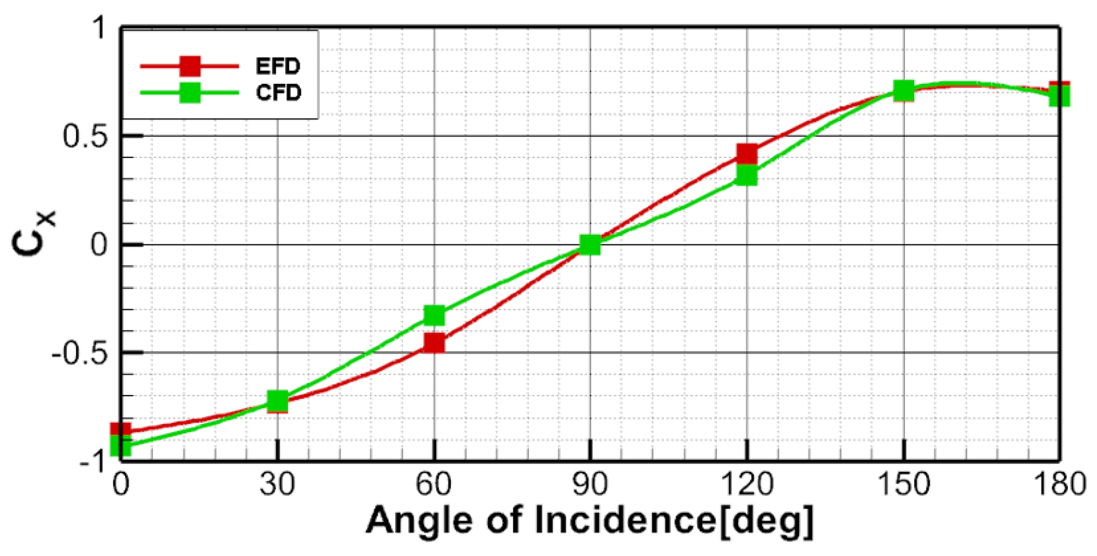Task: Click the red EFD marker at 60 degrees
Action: pyautogui.click(x=434, y=343)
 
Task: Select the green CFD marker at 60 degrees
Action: pyautogui.click(x=434, y=316)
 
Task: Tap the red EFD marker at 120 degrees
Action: pyautogui.click(x=747, y=154)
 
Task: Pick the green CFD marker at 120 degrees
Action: pyautogui.click(x=747, y=176)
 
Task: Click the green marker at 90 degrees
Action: pyautogui.click(x=590, y=245)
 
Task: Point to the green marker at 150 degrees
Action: pyautogui.click(x=904, y=91)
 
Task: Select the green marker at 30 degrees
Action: pyautogui.click(x=278, y=401)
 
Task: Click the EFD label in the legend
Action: pyautogui.click(x=278, y=66)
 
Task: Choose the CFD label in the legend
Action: pyautogui.click(x=278, y=92)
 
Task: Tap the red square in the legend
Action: pyautogui.click(x=190, y=66)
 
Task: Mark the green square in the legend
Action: pyautogui.click(x=190, y=92)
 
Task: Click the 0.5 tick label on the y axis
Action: pyautogui.click(x=85, y=136)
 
